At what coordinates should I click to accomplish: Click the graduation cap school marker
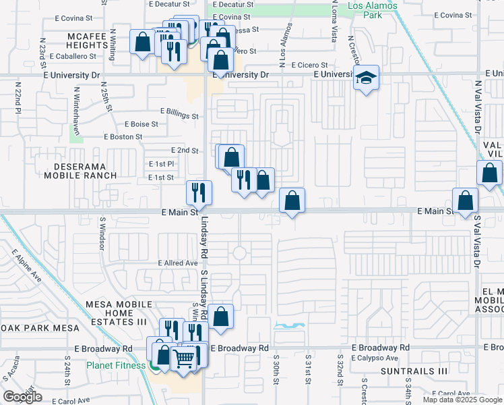(x=367, y=78)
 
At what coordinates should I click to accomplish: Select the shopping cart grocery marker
(x=183, y=358)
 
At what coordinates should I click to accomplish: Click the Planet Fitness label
(x=116, y=365)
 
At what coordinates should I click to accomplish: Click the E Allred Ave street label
(x=178, y=263)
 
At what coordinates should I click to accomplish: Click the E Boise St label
(x=141, y=124)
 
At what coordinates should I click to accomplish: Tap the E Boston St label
(x=123, y=136)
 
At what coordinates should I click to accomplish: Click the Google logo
(x=22, y=397)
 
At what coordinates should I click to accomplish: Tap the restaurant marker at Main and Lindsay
(x=199, y=192)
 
